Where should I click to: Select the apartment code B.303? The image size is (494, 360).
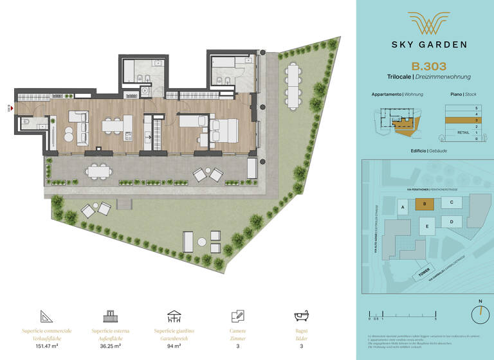pyautogui.click(x=428, y=66)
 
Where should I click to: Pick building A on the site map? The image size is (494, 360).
pyautogui.click(x=402, y=208)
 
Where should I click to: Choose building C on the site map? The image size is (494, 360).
pyautogui.click(x=452, y=203)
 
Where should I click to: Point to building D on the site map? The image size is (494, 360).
pyautogui.click(x=452, y=222)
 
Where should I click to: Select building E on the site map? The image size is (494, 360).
pyautogui.click(x=426, y=226)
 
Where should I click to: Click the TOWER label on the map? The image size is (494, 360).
pyautogui.click(x=423, y=274)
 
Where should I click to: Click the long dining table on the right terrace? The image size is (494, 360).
pyautogui.click(x=293, y=85)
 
